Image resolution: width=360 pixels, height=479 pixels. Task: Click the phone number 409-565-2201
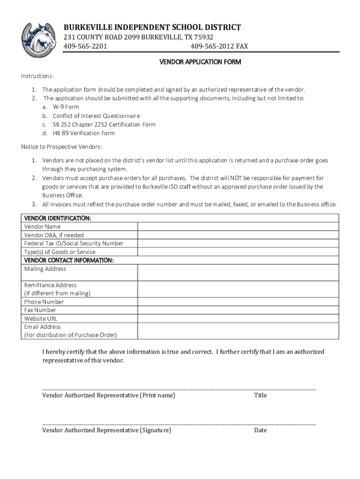pyautogui.click(x=82, y=46)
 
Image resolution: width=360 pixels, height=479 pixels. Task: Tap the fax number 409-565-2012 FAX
pyautogui.click(x=219, y=46)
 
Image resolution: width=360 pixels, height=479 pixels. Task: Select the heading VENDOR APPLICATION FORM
pyautogui.click(x=201, y=62)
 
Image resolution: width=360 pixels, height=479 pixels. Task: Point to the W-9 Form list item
pyautogui.click(x=66, y=107)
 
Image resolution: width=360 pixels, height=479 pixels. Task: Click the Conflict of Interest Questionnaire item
pyautogui.click(x=96, y=116)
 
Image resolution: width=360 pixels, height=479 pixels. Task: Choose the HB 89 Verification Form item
pyautogui.click(x=84, y=133)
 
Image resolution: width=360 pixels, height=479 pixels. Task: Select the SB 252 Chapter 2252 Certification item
pyautogui.click(x=104, y=125)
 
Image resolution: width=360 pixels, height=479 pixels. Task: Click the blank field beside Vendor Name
pyautogui.click(x=238, y=226)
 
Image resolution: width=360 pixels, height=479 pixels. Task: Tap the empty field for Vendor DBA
pyautogui.click(x=238, y=235)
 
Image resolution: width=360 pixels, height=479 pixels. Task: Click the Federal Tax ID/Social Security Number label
pyautogui.click(x=74, y=243)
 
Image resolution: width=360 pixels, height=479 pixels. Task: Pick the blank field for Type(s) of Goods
pyautogui.click(x=238, y=252)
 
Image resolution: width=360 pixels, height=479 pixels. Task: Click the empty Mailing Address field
pyautogui.click(x=238, y=273)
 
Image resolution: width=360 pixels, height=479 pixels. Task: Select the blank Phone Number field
pyautogui.click(x=238, y=302)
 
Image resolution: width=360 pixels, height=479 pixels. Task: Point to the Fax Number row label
pyautogui.click(x=40, y=310)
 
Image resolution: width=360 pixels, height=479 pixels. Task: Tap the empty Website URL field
pyautogui.click(x=238, y=319)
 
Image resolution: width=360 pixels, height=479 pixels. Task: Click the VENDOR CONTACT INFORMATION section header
pyautogui.click(x=69, y=260)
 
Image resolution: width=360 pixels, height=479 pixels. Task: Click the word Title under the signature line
pyautogui.click(x=260, y=395)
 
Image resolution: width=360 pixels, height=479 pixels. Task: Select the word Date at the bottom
pyautogui.click(x=260, y=430)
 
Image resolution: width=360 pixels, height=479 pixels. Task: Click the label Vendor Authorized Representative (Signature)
pyautogui.click(x=107, y=430)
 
